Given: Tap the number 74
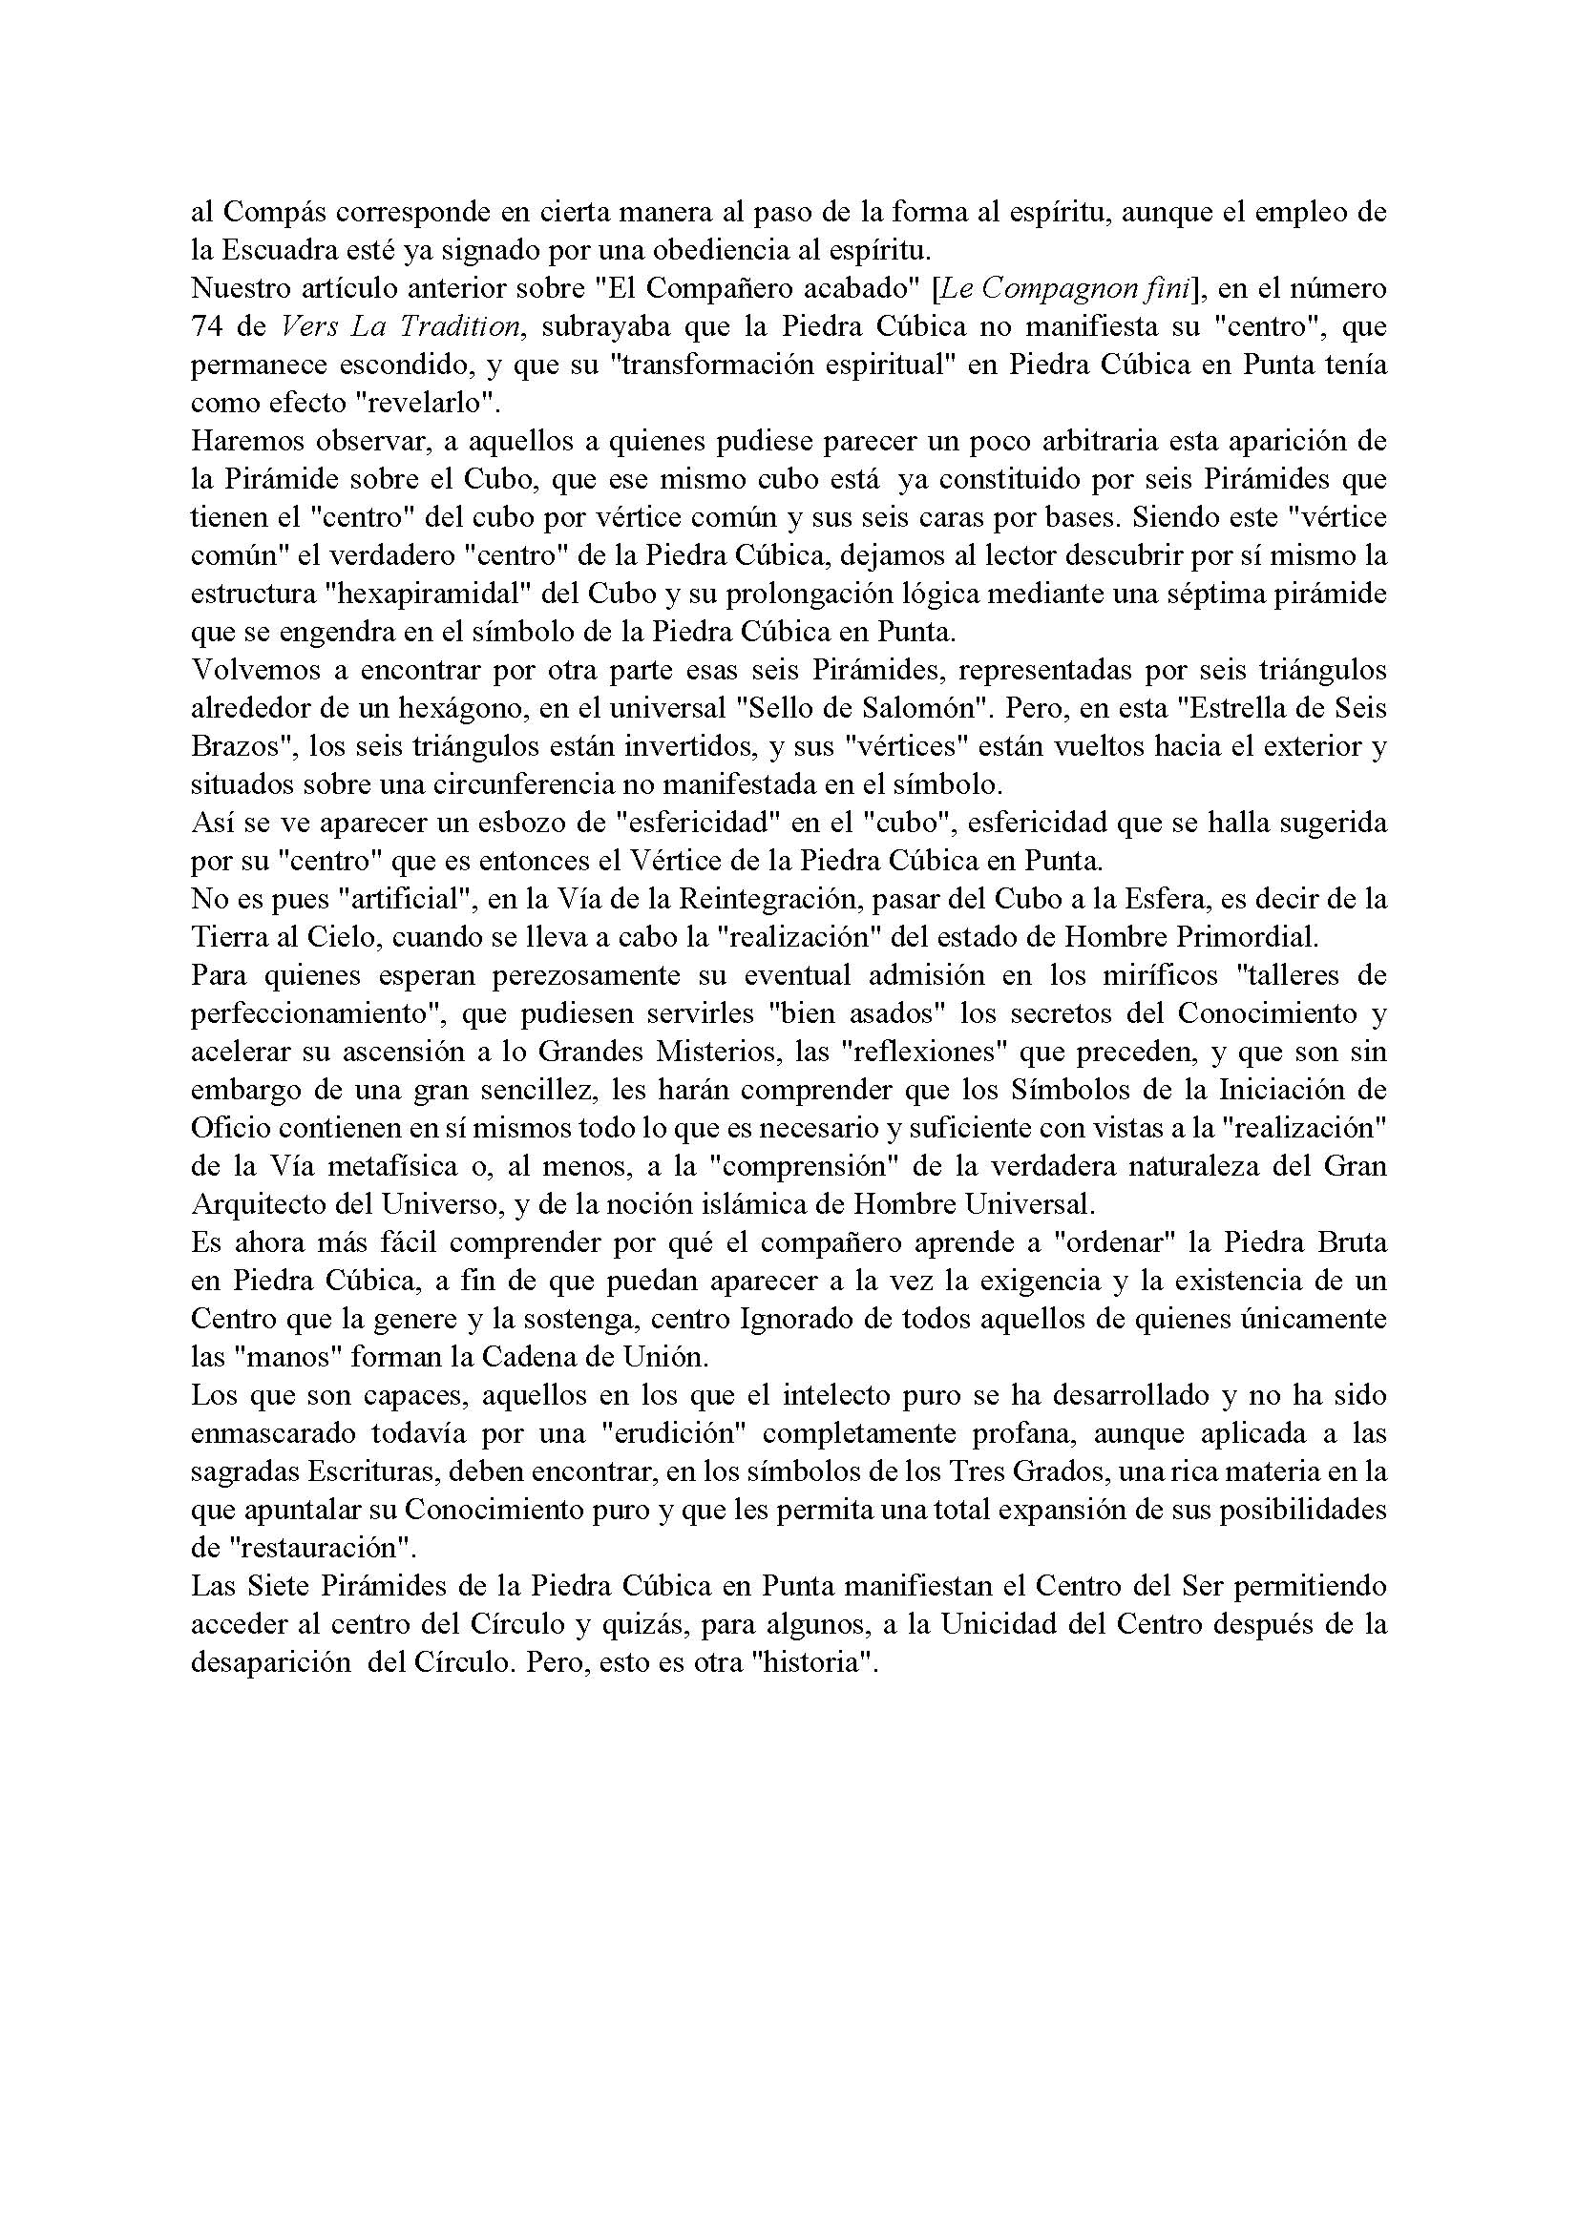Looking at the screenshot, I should point(208,326).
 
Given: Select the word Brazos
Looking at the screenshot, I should point(231,745).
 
